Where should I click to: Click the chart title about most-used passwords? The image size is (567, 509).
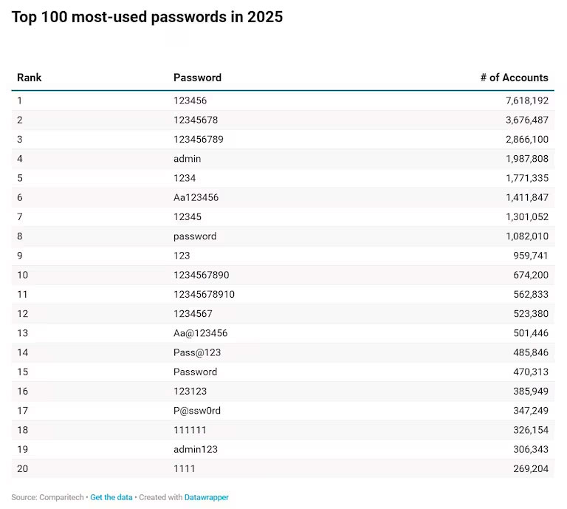(x=147, y=17)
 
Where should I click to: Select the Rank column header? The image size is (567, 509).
(x=30, y=78)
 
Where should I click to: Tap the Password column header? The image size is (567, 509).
(x=197, y=78)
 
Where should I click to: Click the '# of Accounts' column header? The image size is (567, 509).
(x=514, y=78)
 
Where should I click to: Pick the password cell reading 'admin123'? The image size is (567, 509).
(x=196, y=449)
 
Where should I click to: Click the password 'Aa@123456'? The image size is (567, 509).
(x=200, y=333)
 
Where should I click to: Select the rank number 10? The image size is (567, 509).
(x=22, y=275)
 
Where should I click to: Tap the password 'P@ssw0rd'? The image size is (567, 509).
(x=197, y=411)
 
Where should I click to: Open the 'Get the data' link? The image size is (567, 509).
(x=111, y=497)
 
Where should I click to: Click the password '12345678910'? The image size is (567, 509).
(x=204, y=294)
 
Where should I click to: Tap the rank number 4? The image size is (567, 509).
(x=20, y=159)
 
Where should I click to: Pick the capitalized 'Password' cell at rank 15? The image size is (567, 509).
(x=195, y=372)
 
